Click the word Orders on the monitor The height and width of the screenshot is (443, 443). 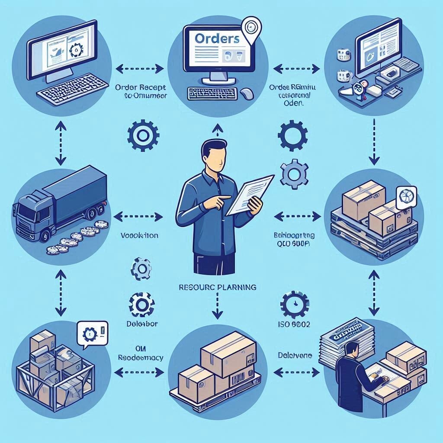coord(217,38)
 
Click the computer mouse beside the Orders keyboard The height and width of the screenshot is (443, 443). coord(246,93)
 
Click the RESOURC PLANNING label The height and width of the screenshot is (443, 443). coord(218,287)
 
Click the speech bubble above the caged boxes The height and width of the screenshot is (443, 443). coord(91,333)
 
